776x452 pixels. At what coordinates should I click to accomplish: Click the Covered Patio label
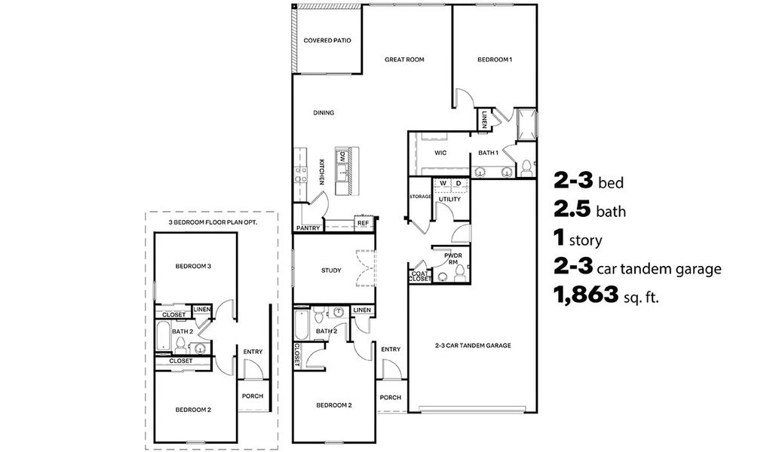click(327, 41)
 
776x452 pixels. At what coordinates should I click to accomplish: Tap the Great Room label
click(404, 60)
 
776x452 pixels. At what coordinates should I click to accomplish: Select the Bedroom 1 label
click(495, 60)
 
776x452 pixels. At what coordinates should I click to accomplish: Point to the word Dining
click(324, 113)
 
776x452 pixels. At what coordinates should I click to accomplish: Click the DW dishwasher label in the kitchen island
click(342, 157)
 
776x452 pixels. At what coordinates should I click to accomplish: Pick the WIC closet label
click(440, 153)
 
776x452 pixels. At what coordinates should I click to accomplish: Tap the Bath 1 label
click(488, 153)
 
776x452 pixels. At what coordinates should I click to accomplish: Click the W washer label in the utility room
click(443, 184)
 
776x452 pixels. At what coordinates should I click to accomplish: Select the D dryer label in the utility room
click(459, 184)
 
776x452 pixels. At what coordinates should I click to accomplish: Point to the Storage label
click(420, 197)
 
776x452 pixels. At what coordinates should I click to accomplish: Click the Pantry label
click(308, 228)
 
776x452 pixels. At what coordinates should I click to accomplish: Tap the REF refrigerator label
click(363, 223)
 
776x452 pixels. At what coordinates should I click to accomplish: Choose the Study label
click(331, 270)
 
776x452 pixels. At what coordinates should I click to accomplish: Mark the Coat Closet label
click(419, 276)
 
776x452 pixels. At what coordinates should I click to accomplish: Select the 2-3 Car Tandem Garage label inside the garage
click(473, 346)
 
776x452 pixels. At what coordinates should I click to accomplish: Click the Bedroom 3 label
click(194, 266)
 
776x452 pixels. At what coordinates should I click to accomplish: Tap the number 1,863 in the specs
click(586, 295)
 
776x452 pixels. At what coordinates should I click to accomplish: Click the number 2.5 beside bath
click(572, 209)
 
